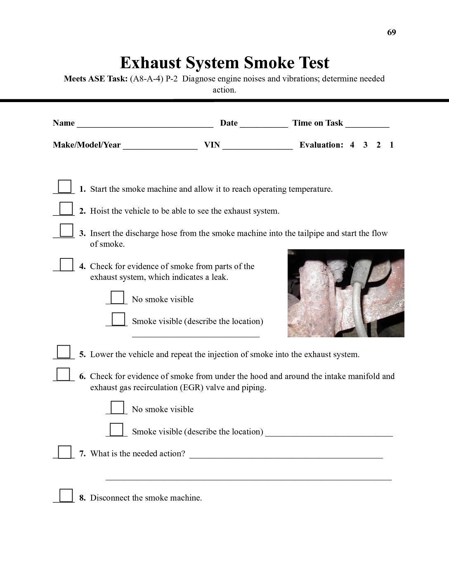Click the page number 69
[391, 33]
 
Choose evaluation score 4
[352, 145]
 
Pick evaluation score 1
[392, 145]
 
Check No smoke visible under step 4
[117, 297]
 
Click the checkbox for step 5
[64, 352]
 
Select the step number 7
[83, 454]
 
